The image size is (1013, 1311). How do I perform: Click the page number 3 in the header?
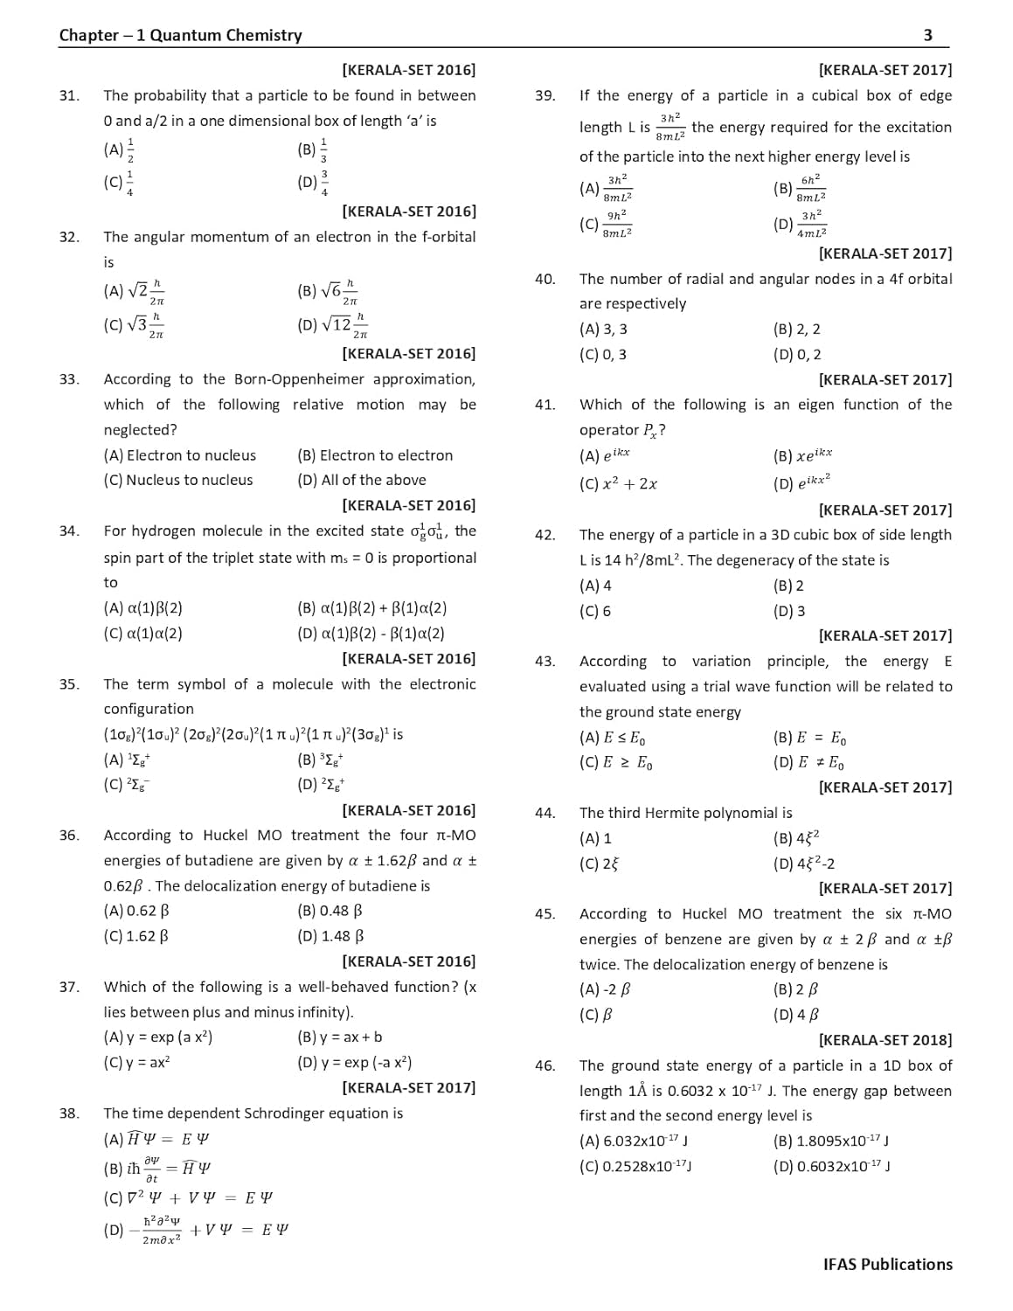tap(927, 36)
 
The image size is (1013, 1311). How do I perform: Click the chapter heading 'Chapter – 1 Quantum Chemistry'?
tap(180, 36)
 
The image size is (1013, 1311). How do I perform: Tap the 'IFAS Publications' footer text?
tap(887, 1264)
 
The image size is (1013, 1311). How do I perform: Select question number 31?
tap(69, 96)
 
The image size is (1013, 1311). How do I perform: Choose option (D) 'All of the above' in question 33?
tap(362, 480)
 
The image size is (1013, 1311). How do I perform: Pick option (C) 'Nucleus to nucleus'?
tap(178, 480)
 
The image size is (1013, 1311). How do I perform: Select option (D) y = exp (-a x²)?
tap(354, 1063)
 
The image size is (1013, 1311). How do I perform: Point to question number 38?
tap(69, 1113)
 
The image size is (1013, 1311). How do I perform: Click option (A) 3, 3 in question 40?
tap(603, 329)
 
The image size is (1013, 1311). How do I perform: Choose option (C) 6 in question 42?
tap(595, 611)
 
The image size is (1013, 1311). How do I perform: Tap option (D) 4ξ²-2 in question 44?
tap(804, 864)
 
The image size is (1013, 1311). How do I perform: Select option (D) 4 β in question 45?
tap(796, 1015)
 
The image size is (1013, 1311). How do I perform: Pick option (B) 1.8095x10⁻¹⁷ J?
tap(831, 1141)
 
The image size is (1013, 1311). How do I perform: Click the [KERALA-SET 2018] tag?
tap(885, 1040)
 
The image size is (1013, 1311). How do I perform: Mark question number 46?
tap(545, 1065)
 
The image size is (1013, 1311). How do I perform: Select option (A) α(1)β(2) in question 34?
tap(143, 608)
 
